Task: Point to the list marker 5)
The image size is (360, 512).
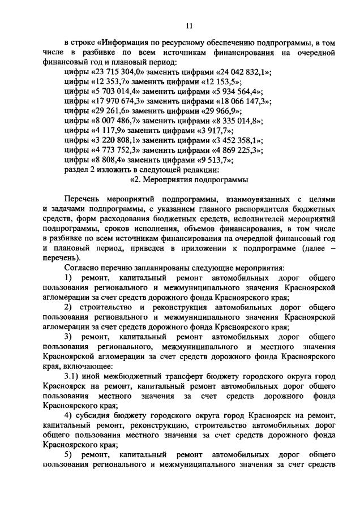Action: [x=68, y=455]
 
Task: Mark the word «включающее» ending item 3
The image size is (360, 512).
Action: [x=67, y=367]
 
